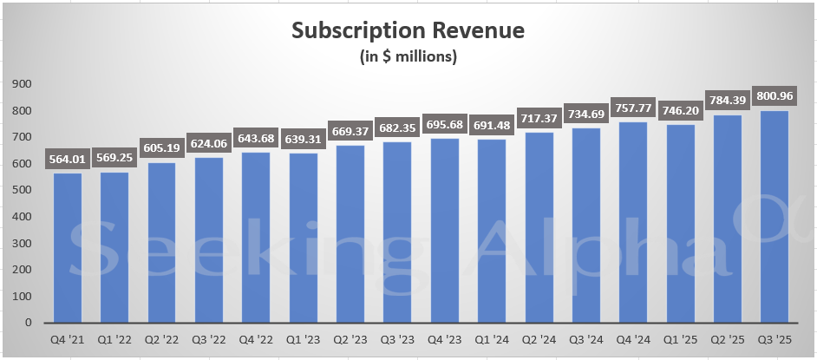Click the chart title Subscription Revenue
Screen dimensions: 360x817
point(408,32)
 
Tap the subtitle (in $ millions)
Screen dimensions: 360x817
point(408,57)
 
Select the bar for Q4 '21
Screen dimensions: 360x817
point(68,247)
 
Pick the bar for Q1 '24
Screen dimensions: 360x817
point(492,231)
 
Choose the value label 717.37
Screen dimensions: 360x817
point(539,115)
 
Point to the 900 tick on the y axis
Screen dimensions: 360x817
point(21,84)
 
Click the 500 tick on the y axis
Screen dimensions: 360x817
point(21,190)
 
